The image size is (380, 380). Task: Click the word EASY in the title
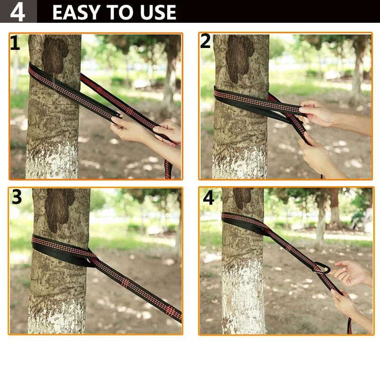click(x=76, y=12)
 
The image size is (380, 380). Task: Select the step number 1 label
click(x=15, y=43)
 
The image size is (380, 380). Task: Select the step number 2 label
click(x=206, y=41)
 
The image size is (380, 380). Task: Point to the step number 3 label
click(x=17, y=197)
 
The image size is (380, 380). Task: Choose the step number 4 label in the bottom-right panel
click(x=209, y=198)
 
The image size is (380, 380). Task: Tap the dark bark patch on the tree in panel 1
click(x=55, y=55)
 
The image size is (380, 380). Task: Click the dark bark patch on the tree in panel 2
click(x=239, y=58)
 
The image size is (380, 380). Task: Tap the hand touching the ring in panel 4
click(x=349, y=273)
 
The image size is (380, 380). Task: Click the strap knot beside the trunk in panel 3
click(x=90, y=258)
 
